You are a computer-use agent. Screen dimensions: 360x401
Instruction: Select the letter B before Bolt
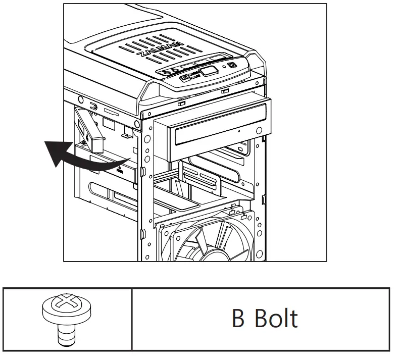click(x=238, y=319)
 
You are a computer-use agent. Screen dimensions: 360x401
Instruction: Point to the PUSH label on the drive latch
click(x=119, y=171)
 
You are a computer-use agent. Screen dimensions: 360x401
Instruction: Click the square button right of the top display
click(x=231, y=65)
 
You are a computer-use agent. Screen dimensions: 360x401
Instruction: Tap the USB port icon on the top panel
click(x=185, y=78)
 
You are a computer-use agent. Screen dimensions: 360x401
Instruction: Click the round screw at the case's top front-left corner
click(x=137, y=123)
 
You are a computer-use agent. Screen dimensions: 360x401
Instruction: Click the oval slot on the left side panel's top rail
click(x=94, y=106)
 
